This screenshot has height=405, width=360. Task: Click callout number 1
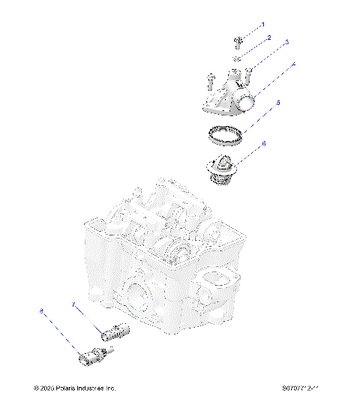pyautogui.click(x=262, y=25)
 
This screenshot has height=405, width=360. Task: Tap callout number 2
pyautogui.click(x=268, y=37)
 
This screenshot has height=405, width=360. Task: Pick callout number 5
pyautogui.click(x=277, y=103)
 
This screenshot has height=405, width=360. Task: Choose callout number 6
pyautogui.click(x=264, y=142)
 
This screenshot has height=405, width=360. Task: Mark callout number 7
pyautogui.click(x=73, y=303)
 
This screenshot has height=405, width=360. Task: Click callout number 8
pyautogui.click(x=41, y=309)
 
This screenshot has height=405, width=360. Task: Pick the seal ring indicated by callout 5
pyautogui.click(x=226, y=136)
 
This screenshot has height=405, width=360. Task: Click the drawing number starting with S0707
pyautogui.click(x=296, y=389)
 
